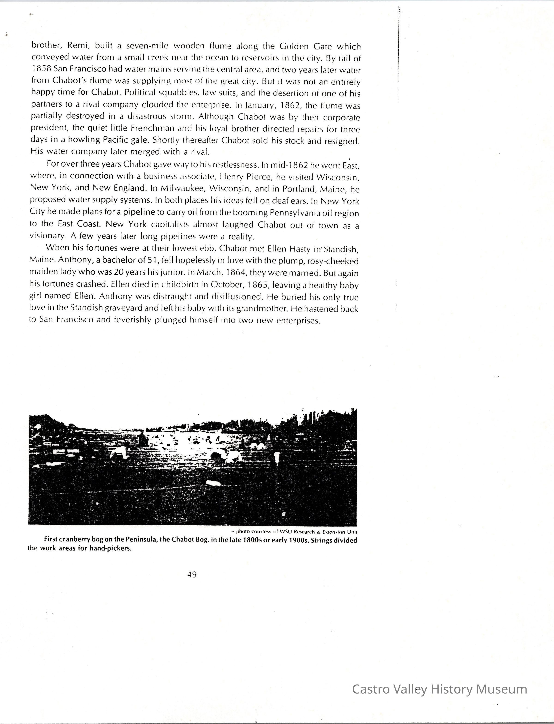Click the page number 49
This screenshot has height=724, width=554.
pos(192,574)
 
